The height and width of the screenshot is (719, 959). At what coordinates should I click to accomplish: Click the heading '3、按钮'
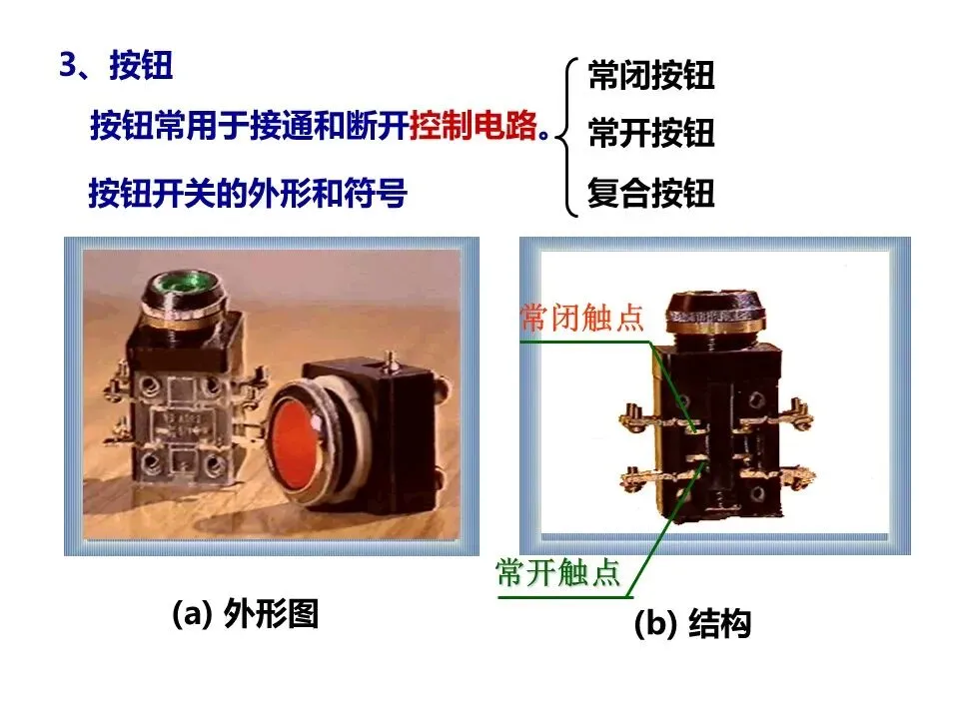tap(116, 65)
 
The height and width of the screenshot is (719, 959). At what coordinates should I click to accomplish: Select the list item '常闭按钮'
tap(651, 75)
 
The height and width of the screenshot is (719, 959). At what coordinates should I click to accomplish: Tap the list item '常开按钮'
tap(651, 133)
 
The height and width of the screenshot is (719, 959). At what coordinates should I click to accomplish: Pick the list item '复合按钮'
tap(651, 193)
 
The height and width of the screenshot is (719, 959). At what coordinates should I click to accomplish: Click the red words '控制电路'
tap(474, 126)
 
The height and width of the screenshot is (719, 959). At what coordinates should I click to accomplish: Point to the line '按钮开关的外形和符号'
tap(248, 193)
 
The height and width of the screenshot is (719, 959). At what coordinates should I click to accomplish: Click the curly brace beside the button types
tap(568, 137)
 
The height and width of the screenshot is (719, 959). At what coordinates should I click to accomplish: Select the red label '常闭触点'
tap(582, 318)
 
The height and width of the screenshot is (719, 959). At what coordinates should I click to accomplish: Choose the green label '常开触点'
tap(557, 572)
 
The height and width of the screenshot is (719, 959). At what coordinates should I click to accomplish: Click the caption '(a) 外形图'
tap(246, 613)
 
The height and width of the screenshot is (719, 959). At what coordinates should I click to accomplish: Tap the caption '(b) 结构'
tap(692, 623)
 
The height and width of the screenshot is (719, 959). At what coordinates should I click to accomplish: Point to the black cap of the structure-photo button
tap(715, 313)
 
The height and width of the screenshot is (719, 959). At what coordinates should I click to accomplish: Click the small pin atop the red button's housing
tap(390, 360)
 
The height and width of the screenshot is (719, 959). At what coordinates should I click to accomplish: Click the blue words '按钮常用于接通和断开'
tap(250, 126)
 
